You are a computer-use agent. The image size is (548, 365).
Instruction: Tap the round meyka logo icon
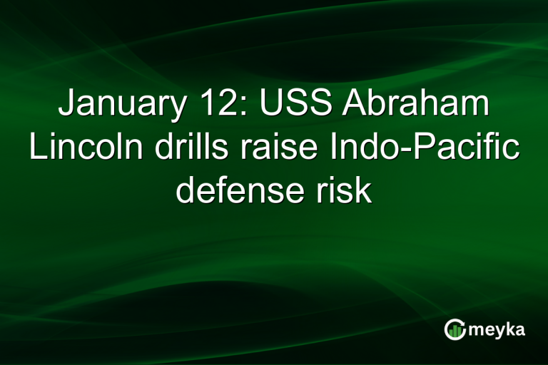(x=455, y=329)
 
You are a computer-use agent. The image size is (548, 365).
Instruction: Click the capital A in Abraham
(x=355, y=105)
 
